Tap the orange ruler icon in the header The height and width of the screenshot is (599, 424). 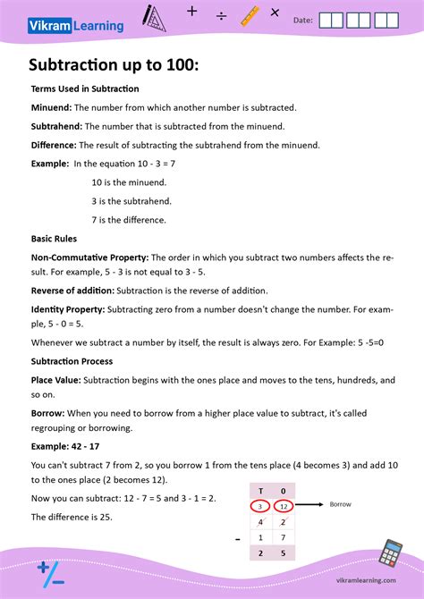[x=250, y=15]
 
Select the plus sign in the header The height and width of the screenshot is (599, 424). [x=191, y=12]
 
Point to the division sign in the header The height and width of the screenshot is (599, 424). [x=221, y=16]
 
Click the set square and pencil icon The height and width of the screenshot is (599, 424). [x=155, y=16]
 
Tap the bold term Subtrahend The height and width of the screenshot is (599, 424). [x=57, y=126]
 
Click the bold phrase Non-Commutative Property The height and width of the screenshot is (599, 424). [x=89, y=257]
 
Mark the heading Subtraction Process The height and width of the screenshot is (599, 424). [x=72, y=361]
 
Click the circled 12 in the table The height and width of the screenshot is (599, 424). [x=284, y=505]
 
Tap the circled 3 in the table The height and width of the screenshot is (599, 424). [x=261, y=505]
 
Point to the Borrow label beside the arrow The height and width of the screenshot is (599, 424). [x=341, y=504]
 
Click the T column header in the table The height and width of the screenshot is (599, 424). [x=261, y=490]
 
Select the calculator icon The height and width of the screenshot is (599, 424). [x=390, y=553]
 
